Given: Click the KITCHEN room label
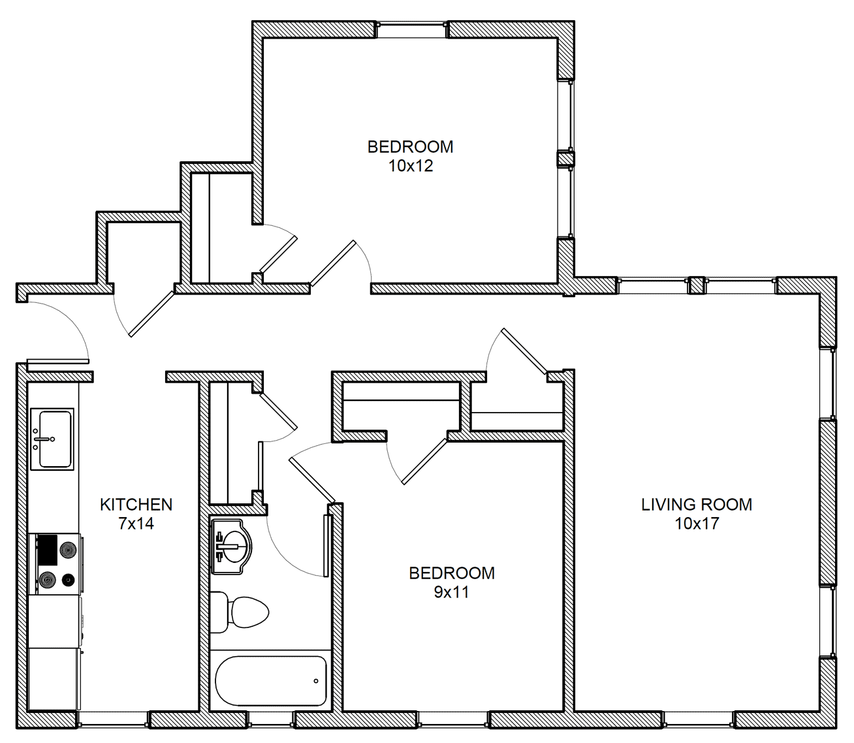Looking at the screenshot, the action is [136, 505].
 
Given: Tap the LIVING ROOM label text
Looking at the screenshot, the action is [697, 505].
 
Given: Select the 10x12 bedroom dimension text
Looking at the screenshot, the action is [411, 166].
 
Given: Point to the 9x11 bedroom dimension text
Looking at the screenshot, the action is [452, 592].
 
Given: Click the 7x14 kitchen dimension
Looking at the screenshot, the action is [136, 524].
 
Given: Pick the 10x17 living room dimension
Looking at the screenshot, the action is [697, 524].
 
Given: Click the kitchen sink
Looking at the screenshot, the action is [53, 439].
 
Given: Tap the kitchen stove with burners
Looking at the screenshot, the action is [55, 564].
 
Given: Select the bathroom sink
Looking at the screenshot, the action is [231, 547].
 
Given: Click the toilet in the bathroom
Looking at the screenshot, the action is [239, 612].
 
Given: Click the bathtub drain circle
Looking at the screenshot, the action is [316, 681].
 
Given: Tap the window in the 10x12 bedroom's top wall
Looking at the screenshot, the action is [412, 29].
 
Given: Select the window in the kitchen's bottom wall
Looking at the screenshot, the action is [113, 719].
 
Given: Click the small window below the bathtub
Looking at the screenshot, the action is [270, 719].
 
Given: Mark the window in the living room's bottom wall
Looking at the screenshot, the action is [699, 719].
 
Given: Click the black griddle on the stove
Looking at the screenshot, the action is [47, 550].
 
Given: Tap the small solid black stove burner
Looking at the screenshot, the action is [68, 580].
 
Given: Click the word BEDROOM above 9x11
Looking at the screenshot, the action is [452, 573].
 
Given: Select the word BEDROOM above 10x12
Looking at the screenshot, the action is [410, 147].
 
